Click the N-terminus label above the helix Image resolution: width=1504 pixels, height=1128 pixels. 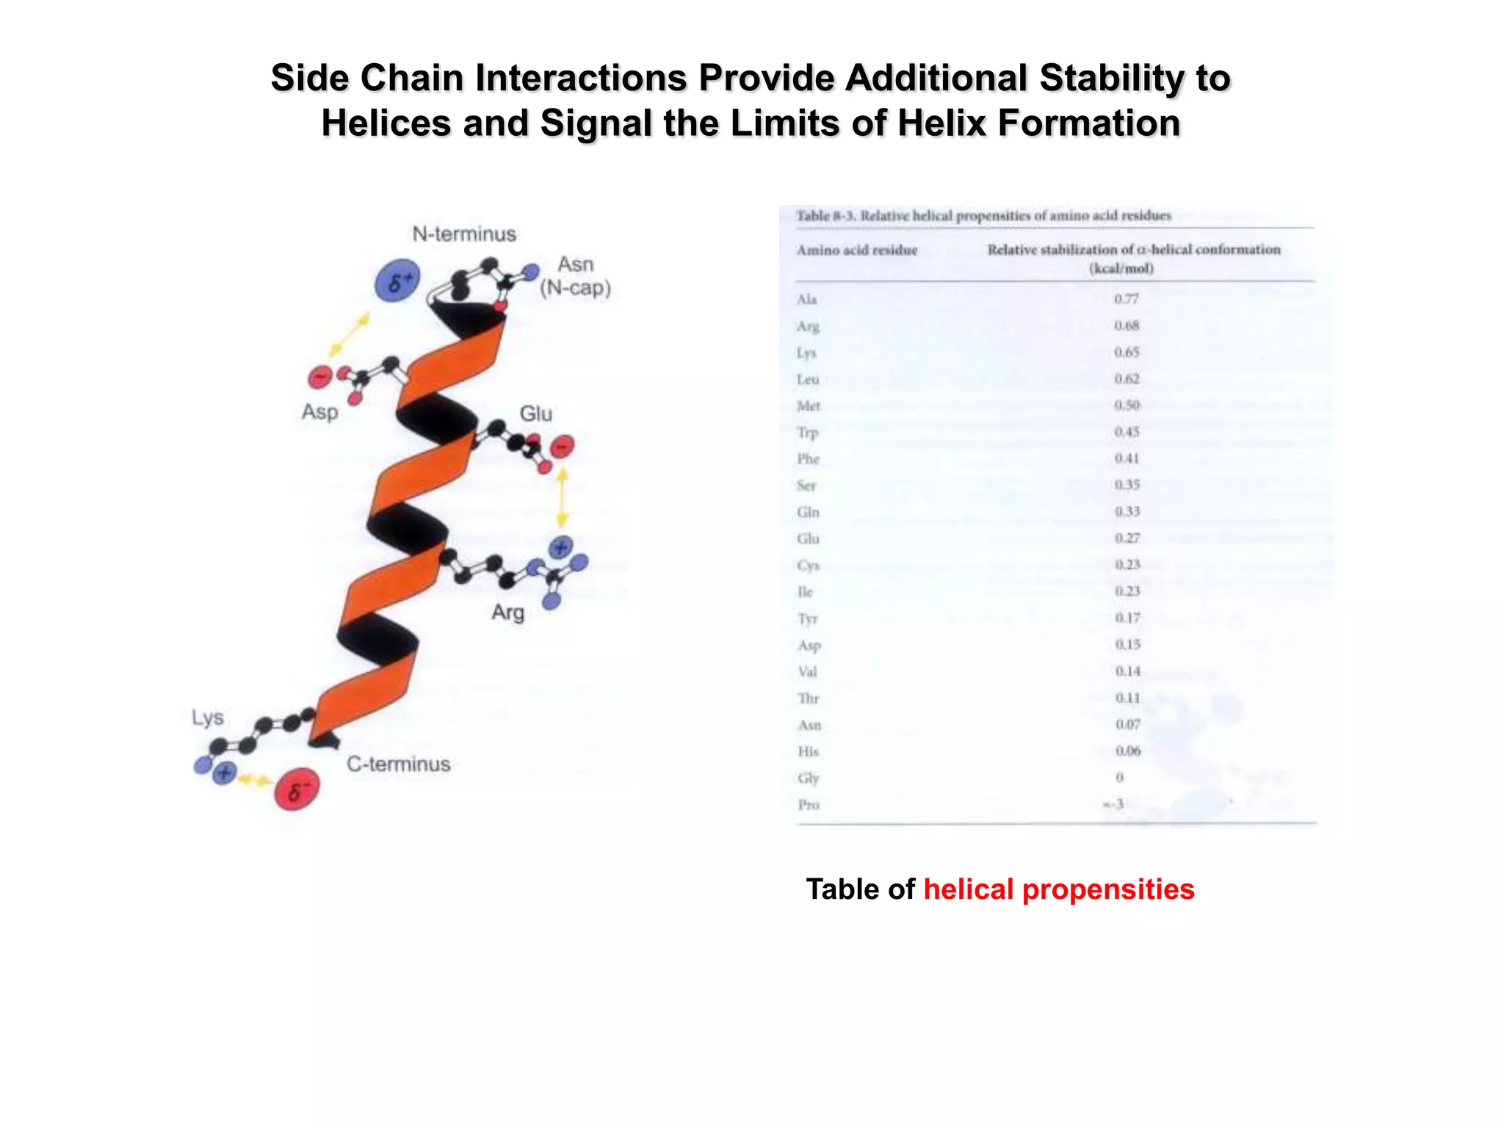[464, 234]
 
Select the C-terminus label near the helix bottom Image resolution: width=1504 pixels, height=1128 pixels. [399, 764]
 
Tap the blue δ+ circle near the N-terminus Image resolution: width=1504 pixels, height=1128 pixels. [397, 281]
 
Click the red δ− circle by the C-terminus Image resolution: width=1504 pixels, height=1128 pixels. [297, 790]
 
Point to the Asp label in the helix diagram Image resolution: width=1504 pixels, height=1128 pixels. [320, 412]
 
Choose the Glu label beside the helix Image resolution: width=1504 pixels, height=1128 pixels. [536, 413]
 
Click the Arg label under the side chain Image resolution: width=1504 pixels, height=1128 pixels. [508, 612]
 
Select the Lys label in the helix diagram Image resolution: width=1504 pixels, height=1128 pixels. [208, 717]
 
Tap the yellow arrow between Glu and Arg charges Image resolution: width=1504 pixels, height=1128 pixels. [562, 498]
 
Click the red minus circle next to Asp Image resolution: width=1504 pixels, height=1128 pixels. [320, 377]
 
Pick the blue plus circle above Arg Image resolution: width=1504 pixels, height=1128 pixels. [561, 547]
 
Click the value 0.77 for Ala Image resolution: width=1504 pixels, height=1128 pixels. [1126, 299]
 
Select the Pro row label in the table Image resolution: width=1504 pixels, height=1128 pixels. [809, 805]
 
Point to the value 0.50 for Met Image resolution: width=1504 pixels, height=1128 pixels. [1127, 405]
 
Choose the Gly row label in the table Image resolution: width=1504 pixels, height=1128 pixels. [808, 778]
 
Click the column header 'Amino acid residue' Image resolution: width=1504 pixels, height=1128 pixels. [857, 250]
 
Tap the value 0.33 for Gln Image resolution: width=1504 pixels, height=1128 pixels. [1127, 512]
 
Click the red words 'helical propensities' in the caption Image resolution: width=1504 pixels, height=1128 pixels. [1058, 889]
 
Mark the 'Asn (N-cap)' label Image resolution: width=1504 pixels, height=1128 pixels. [575, 276]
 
